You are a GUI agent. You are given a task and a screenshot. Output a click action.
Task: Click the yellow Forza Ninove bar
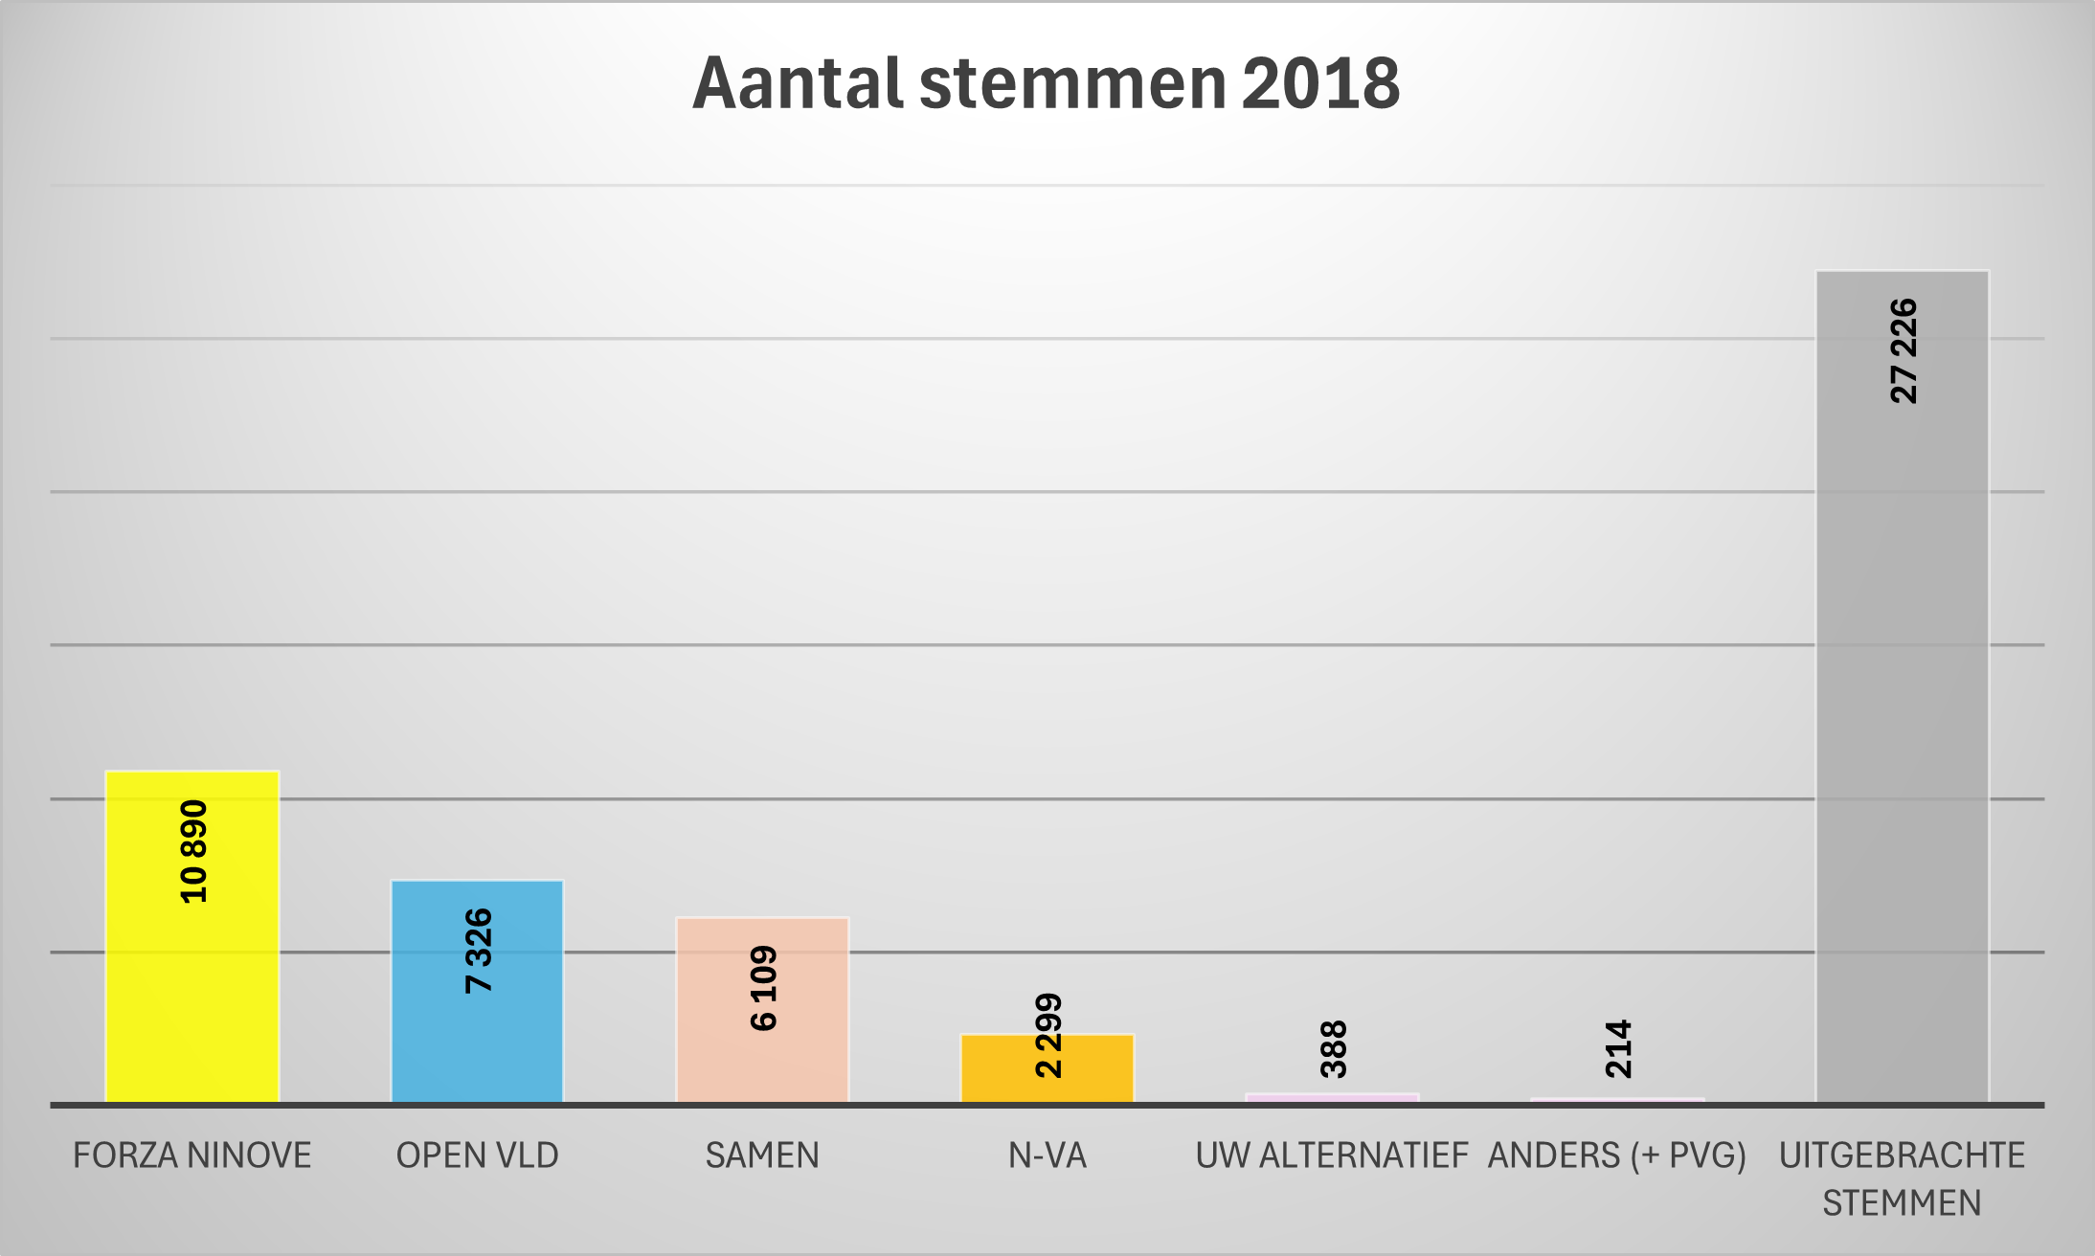click(x=191, y=1005)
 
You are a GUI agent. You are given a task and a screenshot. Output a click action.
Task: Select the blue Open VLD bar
click(x=477, y=1043)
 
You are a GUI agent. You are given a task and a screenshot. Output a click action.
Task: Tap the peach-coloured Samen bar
click(x=762, y=1063)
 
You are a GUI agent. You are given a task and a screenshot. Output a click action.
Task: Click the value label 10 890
click(x=193, y=851)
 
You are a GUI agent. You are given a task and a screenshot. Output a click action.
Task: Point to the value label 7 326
click(x=478, y=951)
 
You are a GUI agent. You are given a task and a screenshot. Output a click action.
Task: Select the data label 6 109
click(x=763, y=988)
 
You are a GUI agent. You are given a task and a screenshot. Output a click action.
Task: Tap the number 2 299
click(x=1048, y=1035)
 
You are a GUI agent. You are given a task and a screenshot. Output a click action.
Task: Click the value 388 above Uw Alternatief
click(x=1333, y=1049)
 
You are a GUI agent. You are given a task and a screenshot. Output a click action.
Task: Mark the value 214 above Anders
click(x=1617, y=1049)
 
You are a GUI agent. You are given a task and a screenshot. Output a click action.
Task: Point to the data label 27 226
click(x=1904, y=351)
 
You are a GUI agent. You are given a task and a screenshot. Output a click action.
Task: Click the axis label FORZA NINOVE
click(x=192, y=1155)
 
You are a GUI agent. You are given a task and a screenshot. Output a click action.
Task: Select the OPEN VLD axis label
click(x=477, y=1155)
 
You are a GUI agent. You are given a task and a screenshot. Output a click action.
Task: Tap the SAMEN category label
click(x=762, y=1155)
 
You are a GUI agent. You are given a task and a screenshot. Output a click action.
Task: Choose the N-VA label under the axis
click(x=1047, y=1155)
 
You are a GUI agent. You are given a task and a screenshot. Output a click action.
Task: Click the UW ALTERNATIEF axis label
click(x=1332, y=1155)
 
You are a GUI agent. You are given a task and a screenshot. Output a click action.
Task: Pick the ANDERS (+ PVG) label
click(x=1617, y=1155)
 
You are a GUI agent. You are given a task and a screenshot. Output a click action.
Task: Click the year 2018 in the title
click(x=1320, y=84)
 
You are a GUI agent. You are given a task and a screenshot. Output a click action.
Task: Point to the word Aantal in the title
click(x=798, y=84)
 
